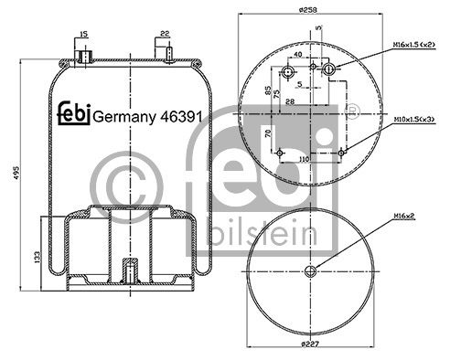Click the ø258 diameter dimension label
pyautogui.click(x=308, y=10)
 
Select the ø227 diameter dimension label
pyautogui.click(x=310, y=344)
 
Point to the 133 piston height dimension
pyautogui.click(x=37, y=257)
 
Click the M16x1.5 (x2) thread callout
pyautogui.click(x=414, y=45)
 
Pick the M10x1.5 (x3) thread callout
pyautogui.click(x=414, y=120)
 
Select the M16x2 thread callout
pyautogui.click(x=404, y=216)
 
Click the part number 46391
pyautogui.click(x=181, y=116)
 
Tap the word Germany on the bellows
pyautogui.click(x=124, y=117)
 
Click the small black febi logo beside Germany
pyautogui.click(x=74, y=113)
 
